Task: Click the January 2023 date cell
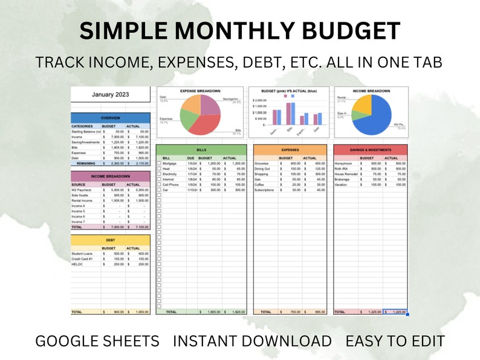click(109, 94)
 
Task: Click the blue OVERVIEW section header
click(109, 118)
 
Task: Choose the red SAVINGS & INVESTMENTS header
click(370, 149)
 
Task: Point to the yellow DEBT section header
click(109, 239)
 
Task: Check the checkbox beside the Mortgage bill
click(159, 163)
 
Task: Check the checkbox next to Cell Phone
click(159, 184)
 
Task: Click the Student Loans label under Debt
click(82, 254)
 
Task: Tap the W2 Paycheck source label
click(82, 190)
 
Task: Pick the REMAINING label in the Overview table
click(85, 163)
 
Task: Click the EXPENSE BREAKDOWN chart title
click(200, 91)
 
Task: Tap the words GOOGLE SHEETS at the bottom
click(97, 341)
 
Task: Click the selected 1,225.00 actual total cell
click(395, 312)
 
